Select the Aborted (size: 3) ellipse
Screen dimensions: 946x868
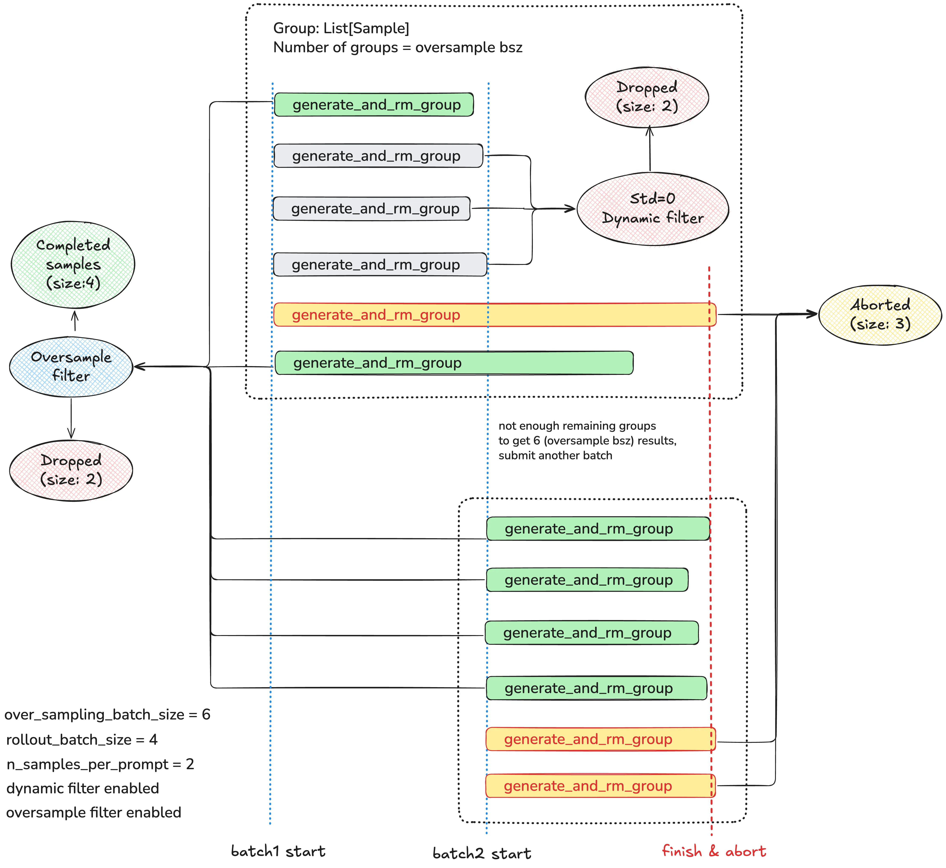(880, 315)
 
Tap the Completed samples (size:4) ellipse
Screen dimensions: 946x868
(73, 264)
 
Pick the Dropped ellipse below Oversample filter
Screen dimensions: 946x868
(71, 470)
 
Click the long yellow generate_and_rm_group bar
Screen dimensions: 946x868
(495, 315)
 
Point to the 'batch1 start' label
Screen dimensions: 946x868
(278, 851)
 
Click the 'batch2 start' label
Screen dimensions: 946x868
(482, 853)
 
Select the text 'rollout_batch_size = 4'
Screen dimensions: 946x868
(82, 740)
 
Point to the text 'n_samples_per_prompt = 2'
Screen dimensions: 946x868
(100, 764)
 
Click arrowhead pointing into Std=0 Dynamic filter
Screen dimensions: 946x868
(570, 209)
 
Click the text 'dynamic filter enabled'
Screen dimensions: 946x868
(83, 788)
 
